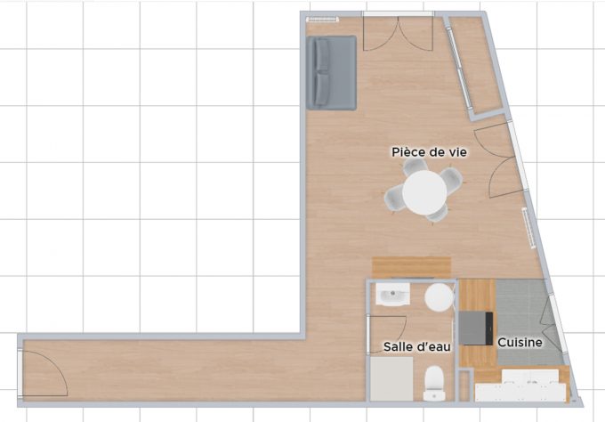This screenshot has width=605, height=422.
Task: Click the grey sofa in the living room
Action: [331, 72]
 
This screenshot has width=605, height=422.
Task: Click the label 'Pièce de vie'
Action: [430, 152]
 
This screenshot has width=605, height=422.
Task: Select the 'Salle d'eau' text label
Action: [416, 345]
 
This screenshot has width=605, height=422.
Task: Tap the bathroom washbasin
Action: [391, 296]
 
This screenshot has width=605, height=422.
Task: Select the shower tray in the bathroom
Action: [392, 380]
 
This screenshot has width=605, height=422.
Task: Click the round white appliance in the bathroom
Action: [439, 297]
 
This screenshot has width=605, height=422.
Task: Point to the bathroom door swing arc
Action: [391, 326]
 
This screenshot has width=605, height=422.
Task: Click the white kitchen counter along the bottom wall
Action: [520, 388]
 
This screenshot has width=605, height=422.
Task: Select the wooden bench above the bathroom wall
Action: [411, 266]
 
